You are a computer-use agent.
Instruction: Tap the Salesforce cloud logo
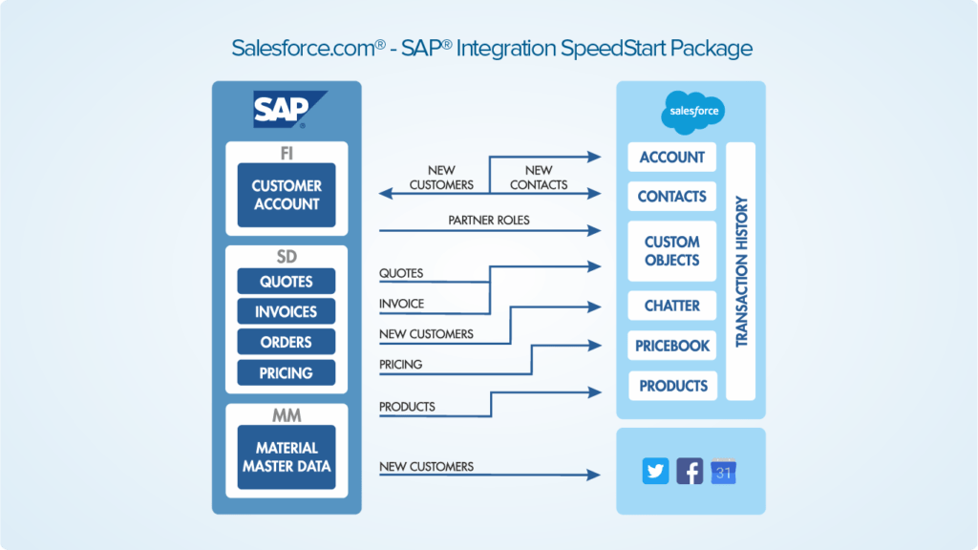click(x=692, y=112)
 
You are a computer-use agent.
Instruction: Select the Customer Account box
click(x=287, y=195)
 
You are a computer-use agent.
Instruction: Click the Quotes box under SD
click(x=287, y=281)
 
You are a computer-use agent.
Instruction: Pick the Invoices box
click(x=287, y=311)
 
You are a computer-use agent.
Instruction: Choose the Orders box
click(x=287, y=342)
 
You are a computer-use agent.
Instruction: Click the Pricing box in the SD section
click(x=287, y=372)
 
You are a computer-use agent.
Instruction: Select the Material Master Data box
click(x=287, y=456)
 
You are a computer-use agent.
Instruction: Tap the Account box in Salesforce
click(x=671, y=158)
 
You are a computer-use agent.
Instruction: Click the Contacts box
click(x=671, y=197)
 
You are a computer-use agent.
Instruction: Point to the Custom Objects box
click(x=671, y=251)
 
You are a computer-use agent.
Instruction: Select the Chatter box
click(x=671, y=306)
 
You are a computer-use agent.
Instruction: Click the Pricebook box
click(x=671, y=346)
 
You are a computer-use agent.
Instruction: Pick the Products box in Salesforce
click(x=671, y=386)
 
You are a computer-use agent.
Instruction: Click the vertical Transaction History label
click(x=741, y=271)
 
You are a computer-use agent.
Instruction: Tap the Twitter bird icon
click(x=655, y=471)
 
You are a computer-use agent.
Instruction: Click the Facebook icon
click(x=690, y=471)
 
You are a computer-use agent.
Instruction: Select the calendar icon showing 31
click(x=723, y=471)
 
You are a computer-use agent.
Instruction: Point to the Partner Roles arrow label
click(x=488, y=221)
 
